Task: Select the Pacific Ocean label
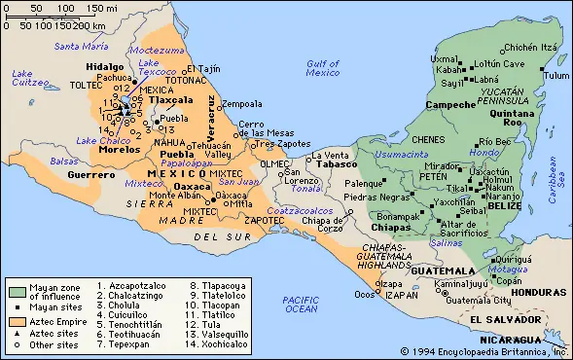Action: tap(301, 303)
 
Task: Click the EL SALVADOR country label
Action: tap(503, 319)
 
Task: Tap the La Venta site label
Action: tap(329, 156)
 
